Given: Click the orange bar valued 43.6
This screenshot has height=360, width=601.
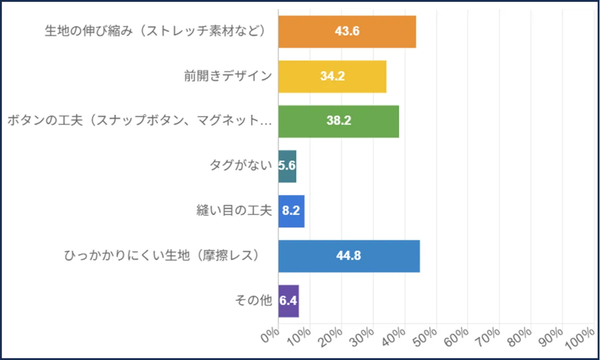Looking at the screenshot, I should click(x=347, y=32).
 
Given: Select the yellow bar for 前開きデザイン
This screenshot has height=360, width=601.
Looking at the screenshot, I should click(x=332, y=77).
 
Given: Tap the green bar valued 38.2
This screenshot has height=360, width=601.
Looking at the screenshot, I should click(x=339, y=122).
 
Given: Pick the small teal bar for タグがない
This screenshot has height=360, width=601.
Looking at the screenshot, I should click(x=287, y=166).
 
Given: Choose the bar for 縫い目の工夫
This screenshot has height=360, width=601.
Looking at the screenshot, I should click(x=291, y=211).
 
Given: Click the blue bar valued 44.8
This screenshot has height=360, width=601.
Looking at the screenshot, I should click(x=349, y=256).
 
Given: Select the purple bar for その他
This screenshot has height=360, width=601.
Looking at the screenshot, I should click(x=288, y=301).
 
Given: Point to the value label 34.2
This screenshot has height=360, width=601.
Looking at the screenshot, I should click(x=333, y=77).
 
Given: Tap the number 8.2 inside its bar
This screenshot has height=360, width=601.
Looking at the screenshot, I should click(x=291, y=211).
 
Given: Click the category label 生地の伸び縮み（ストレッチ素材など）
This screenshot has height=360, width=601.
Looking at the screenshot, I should click(x=154, y=32).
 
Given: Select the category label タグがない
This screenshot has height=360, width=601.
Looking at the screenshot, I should click(x=241, y=166).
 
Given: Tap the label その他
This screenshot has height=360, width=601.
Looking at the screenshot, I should click(x=253, y=301).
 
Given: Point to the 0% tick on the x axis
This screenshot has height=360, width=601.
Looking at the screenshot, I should click(x=271, y=335).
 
